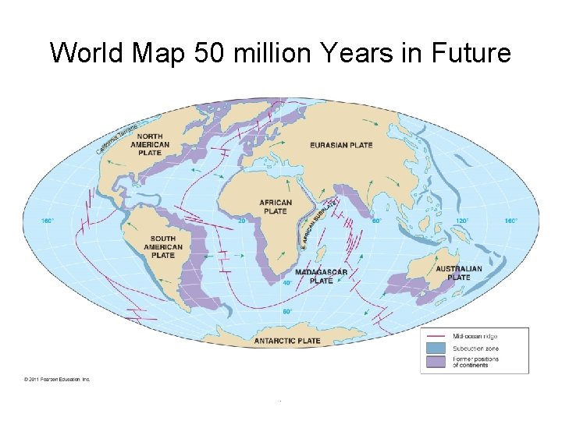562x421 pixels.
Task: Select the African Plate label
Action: tap(276, 207)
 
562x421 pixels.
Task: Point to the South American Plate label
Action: tap(162, 246)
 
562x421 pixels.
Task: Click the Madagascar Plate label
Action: tap(322, 276)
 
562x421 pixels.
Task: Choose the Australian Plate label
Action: tap(459, 273)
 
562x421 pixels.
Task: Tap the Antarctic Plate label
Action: tap(287, 341)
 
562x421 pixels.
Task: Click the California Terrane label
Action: tap(118, 138)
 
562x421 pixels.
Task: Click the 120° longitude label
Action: tap(462, 221)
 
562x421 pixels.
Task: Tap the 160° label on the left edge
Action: tap(48, 221)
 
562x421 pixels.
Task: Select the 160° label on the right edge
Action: tap(510, 221)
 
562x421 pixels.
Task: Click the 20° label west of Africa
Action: tap(242, 221)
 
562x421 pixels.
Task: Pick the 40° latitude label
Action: tap(287, 283)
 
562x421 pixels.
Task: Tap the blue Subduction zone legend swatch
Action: tap(436, 348)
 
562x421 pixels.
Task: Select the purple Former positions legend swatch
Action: tap(436, 361)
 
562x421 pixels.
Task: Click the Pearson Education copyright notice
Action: tap(57, 380)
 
